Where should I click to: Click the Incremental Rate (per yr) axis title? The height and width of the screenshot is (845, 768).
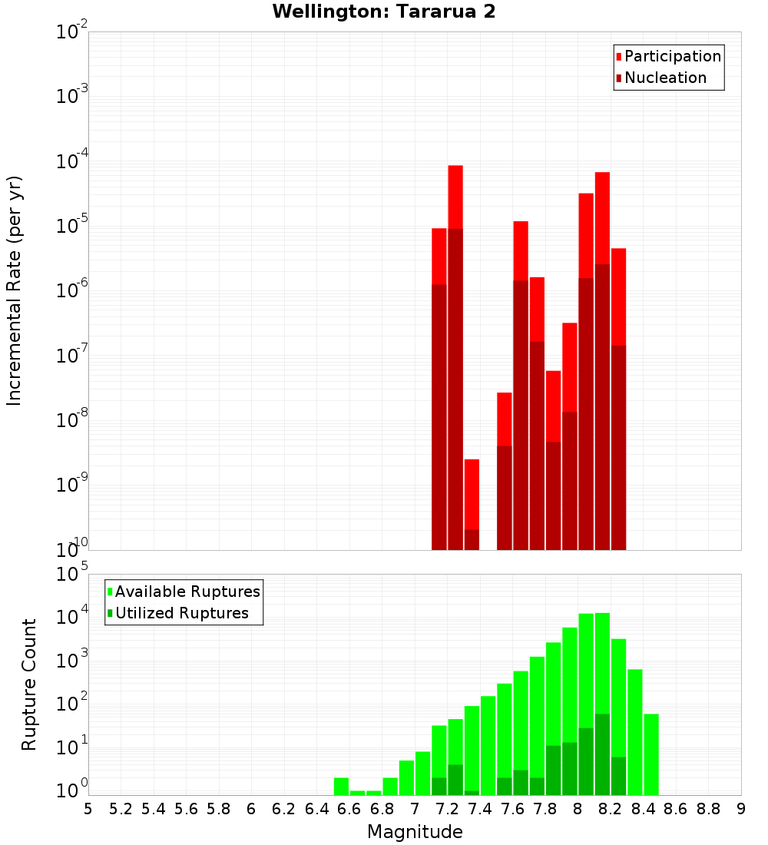15,290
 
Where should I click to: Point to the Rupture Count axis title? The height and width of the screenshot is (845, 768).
29,684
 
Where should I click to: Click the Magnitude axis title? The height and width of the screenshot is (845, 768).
415,832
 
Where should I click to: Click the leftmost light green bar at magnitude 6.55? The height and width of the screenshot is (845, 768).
341,787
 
